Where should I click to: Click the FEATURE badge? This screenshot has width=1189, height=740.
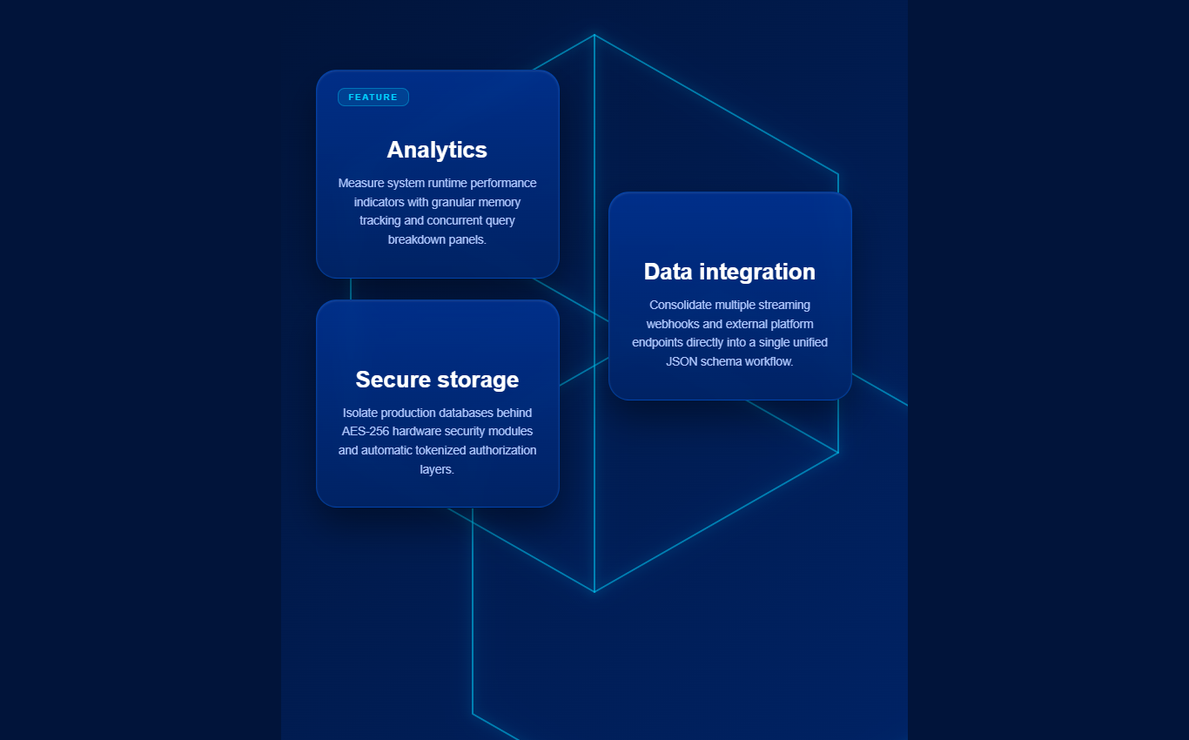coord(373,98)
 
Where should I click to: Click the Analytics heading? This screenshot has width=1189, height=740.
coord(437,151)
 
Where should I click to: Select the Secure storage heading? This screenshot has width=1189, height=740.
coord(437,380)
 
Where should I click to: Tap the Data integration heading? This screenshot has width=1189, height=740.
coord(729,272)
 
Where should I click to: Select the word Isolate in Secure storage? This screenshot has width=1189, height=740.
coord(359,413)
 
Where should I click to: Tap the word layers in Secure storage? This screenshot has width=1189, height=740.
coord(435,470)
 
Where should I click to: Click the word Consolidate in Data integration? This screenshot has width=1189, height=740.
coord(681,306)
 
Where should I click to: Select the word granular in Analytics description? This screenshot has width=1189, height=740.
coord(453,202)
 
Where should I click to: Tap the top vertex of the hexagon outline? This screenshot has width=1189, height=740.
coord(594,35)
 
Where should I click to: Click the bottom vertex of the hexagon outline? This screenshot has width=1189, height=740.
coord(594,592)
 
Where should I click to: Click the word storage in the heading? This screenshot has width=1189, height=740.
coord(478,381)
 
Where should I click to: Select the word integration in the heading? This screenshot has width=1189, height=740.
coord(757,272)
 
